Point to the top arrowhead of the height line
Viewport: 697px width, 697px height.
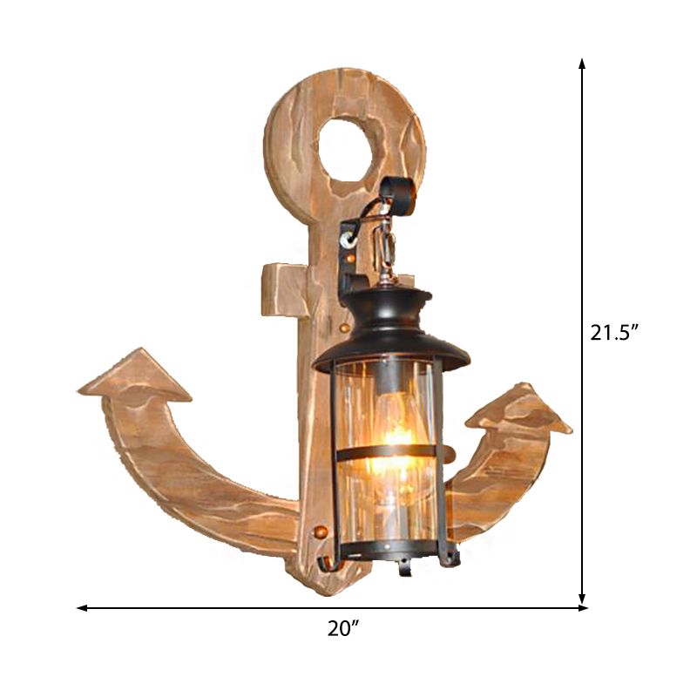[x=582, y=64]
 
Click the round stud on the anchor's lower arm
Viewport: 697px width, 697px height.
[x=320, y=530]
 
